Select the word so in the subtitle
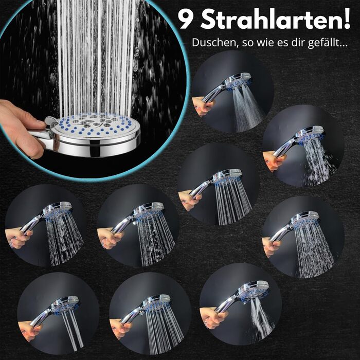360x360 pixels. [247, 44]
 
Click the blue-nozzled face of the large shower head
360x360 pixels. [94, 125]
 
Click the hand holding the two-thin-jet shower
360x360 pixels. [29, 330]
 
